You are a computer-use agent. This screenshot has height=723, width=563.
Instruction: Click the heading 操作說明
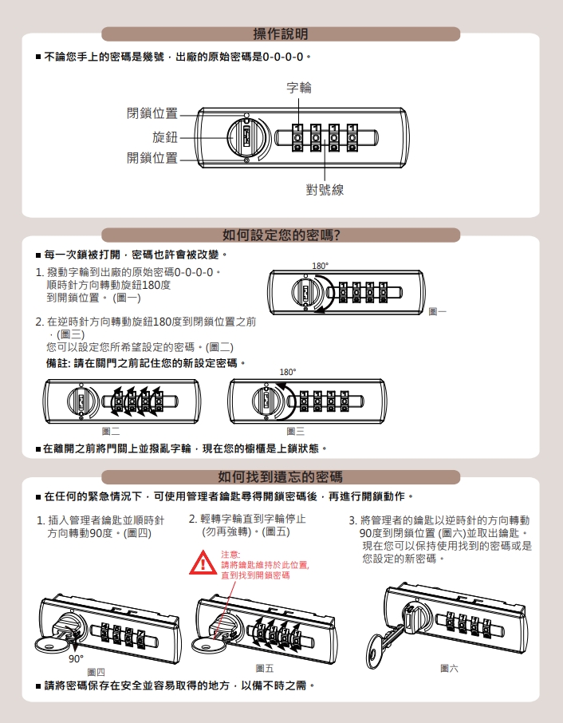click(x=281, y=34)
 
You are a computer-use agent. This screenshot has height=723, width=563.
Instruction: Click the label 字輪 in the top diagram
click(x=299, y=88)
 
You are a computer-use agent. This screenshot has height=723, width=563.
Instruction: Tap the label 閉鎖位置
click(x=152, y=113)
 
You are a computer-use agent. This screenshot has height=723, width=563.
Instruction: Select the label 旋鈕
click(x=165, y=137)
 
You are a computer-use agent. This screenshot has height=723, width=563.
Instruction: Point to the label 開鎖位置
click(x=152, y=158)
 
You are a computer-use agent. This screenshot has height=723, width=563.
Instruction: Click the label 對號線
click(x=325, y=189)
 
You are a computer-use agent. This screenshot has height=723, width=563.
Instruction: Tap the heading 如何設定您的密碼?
click(x=281, y=235)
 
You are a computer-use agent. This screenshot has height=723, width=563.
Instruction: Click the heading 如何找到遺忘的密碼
click(x=280, y=476)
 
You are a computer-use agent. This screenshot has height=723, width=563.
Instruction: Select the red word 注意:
click(x=230, y=555)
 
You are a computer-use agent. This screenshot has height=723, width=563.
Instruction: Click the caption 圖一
click(x=437, y=312)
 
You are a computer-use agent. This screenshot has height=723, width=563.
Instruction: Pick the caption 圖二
click(x=111, y=431)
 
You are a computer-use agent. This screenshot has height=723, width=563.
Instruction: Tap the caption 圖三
click(x=295, y=431)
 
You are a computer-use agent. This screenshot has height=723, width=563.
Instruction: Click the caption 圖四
click(x=96, y=672)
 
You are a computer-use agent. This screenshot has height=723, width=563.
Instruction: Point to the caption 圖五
click(x=265, y=668)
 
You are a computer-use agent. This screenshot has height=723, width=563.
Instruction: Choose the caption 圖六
click(x=449, y=668)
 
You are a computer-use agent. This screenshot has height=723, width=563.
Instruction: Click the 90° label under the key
click(x=76, y=659)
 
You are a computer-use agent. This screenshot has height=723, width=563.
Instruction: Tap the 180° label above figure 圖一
click(x=321, y=266)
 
